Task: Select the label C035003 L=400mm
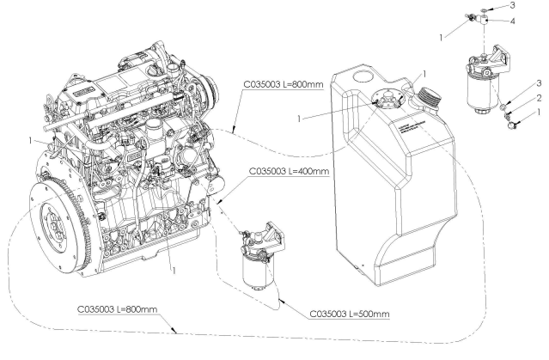coord(289,172)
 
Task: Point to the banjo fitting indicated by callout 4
coord(486,25)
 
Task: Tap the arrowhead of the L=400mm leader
coord(221,203)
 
